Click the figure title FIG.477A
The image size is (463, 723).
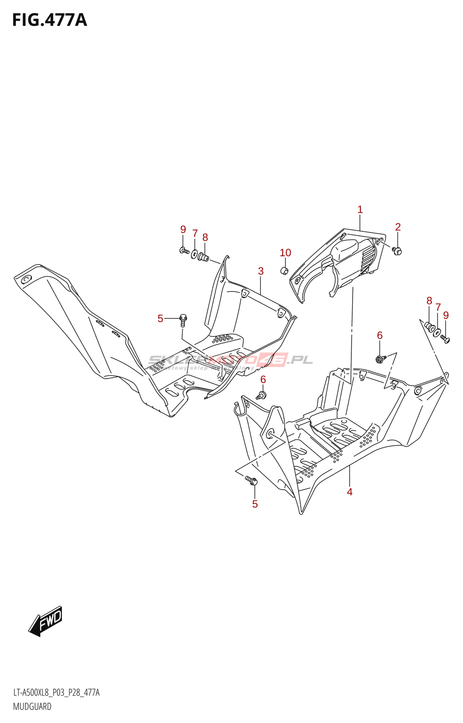[x=49, y=20]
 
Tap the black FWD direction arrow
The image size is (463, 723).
[x=46, y=622]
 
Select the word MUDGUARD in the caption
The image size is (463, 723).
[x=32, y=707]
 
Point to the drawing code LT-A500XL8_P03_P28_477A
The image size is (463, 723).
[x=56, y=693]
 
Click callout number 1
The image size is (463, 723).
[x=360, y=210]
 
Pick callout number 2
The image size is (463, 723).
[x=398, y=227]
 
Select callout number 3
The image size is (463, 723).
[x=261, y=271]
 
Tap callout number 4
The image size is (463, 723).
[x=350, y=492]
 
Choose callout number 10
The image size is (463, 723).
[x=285, y=253]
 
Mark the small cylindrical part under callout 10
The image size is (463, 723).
[x=285, y=271]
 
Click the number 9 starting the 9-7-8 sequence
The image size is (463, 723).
[x=183, y=230]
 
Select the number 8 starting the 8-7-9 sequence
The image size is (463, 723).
[x=429, y=301]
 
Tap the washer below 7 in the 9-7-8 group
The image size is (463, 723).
[x=194, y=254]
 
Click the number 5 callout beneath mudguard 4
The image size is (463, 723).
[x=255, y=504]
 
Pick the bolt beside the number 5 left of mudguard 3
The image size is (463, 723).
[x=183, y=319]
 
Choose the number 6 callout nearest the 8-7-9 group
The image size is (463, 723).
[x=380, y=335]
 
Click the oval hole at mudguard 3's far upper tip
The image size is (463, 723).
[x=26, y=279]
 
